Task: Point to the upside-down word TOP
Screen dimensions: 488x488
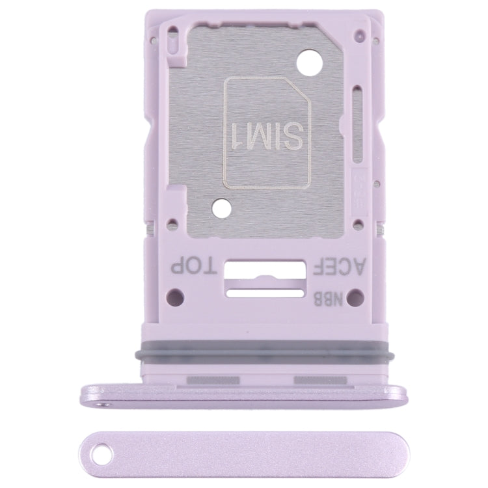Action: pos(191,265)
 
